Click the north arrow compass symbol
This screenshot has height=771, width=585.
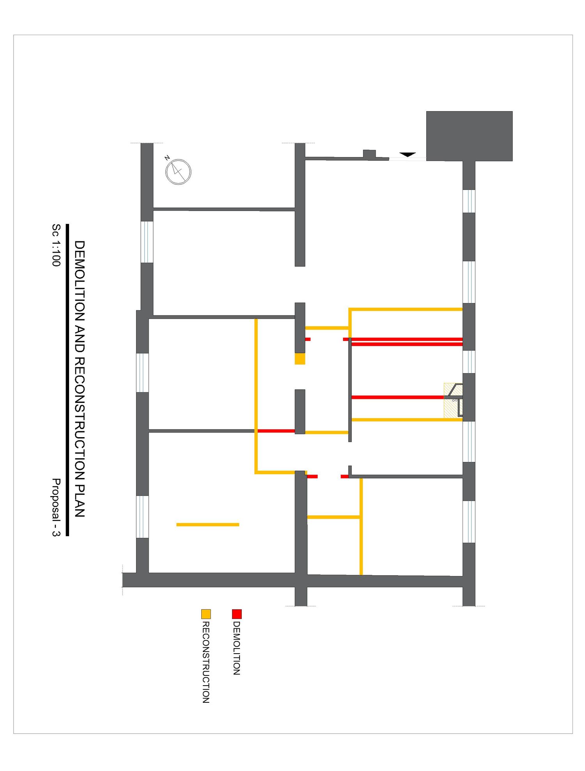(178, 172)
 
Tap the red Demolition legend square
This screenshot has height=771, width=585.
(237, 614)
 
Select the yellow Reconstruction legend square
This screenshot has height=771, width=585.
(206, 614)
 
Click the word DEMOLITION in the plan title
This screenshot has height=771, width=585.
(80, 281)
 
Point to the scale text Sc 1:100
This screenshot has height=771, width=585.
(56, 245)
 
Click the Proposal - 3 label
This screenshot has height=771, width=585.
(56, 507)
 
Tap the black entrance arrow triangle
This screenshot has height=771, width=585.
(408, 154)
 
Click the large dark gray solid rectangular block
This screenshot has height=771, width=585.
(469, 136)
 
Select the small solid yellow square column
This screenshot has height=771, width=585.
(300, 359)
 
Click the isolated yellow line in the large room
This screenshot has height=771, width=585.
(208, 525)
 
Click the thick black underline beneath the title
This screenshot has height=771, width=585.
(67, 380)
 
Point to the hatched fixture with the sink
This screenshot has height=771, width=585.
(453, 401)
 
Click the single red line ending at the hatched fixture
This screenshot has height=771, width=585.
(398, 397)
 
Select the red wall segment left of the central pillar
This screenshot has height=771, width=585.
(276, 431)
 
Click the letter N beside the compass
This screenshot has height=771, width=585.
(167, 158)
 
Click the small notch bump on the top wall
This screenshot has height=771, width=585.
(369, 154)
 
